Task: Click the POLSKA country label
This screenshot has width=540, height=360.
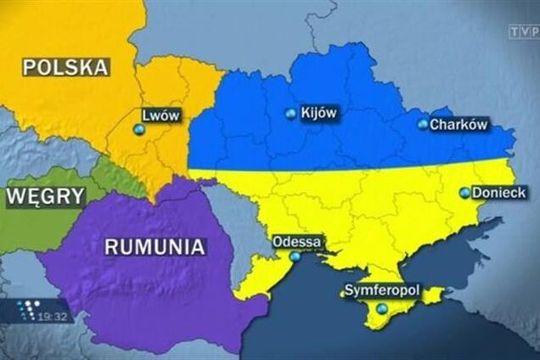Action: [66, 66]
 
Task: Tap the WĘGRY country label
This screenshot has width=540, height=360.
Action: [45, 197]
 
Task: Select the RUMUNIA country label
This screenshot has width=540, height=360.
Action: [155, 247]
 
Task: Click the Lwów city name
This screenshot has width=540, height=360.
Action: [161, 113]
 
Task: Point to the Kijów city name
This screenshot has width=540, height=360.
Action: [319, 112]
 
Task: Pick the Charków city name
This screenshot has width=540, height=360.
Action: [458, 124]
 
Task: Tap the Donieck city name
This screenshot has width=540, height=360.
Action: [499, 193]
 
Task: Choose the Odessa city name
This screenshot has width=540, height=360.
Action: [296, 242]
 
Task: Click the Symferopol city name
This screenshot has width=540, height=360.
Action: [381, 290]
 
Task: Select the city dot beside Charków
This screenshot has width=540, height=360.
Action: [423, 124]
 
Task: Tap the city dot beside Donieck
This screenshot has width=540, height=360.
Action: [464, 193]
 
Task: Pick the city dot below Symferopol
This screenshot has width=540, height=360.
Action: [381, 308]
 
